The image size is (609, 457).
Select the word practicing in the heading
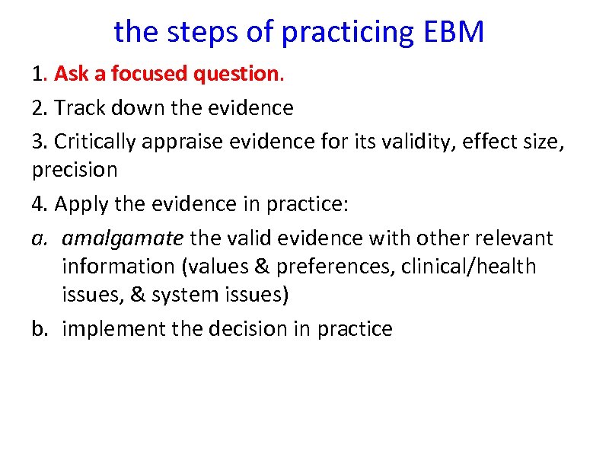click(x=345, y=33)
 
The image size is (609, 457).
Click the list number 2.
click(x=38, y=108)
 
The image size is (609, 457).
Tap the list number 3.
click(x=38, y=141)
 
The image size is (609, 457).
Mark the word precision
click(x=75, y=170)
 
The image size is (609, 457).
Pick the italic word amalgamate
click(x=123, y=238)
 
